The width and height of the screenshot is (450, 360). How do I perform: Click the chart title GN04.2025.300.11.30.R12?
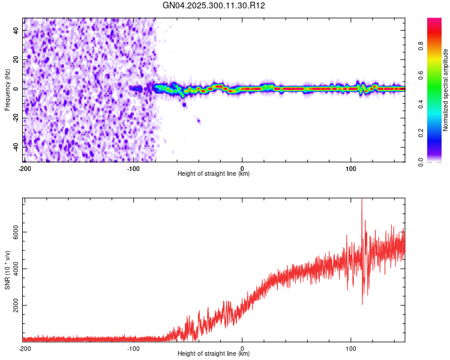click(214, 5)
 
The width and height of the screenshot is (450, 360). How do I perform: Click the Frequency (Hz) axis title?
click(7, 89)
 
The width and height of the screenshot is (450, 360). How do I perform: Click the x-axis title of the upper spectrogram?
click(214, 174)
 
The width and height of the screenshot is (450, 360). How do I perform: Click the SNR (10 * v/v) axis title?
click(7, 269)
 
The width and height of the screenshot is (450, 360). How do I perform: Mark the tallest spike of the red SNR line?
click(362, 200)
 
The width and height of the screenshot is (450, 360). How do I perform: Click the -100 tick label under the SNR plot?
click(133, 349)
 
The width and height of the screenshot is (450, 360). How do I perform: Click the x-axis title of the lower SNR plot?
click(214, 354)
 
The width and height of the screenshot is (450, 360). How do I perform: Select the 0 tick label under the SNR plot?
click(242, 349)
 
